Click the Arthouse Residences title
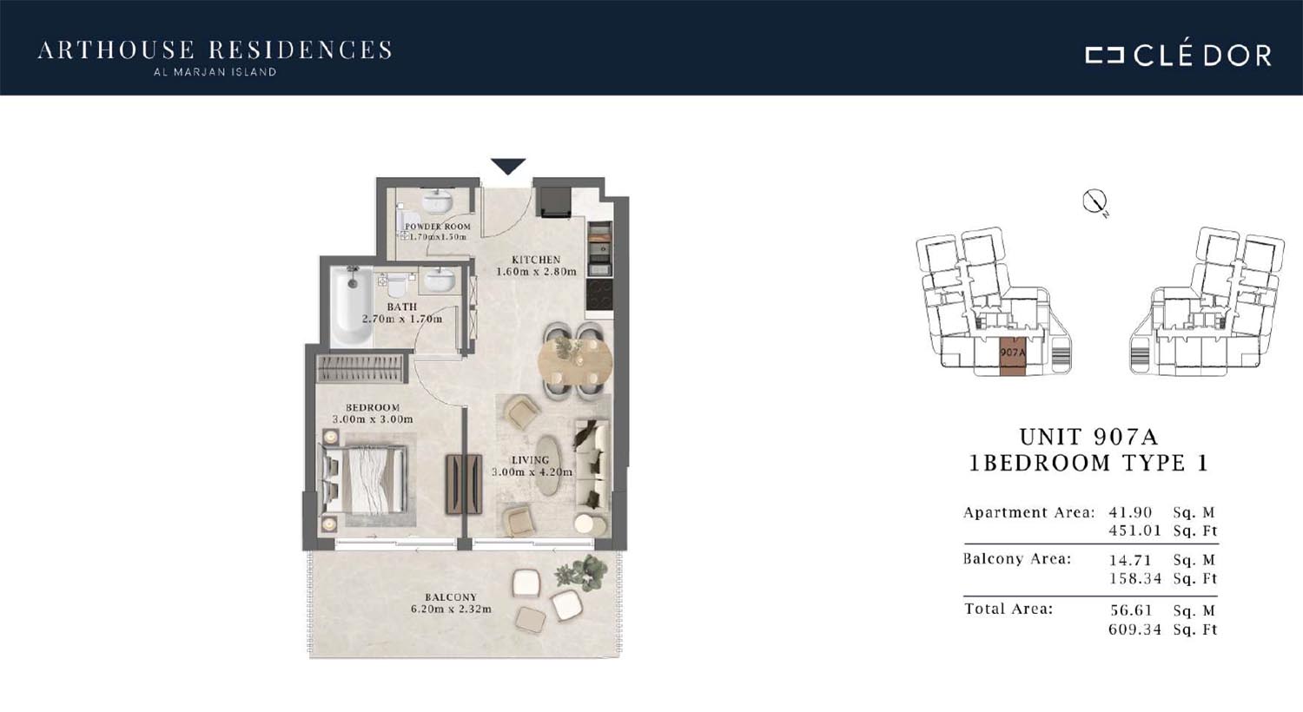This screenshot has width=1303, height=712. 215,50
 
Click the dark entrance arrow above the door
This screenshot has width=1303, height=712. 508,166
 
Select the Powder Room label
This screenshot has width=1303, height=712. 438,227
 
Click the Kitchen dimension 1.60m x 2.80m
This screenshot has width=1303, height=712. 536,272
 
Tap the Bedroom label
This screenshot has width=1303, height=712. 373,407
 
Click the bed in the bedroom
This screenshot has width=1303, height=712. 364,479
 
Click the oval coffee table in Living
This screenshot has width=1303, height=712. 549,465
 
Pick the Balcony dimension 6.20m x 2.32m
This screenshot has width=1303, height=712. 451,610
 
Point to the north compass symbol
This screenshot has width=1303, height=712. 1095,203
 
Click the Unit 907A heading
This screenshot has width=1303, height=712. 1089,437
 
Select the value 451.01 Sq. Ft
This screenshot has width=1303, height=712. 1163,531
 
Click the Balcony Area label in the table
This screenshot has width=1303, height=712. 1017,559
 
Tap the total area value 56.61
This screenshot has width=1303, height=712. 1130,610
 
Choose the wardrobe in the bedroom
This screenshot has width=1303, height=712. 360,368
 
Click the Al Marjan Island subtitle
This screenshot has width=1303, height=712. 215,73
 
